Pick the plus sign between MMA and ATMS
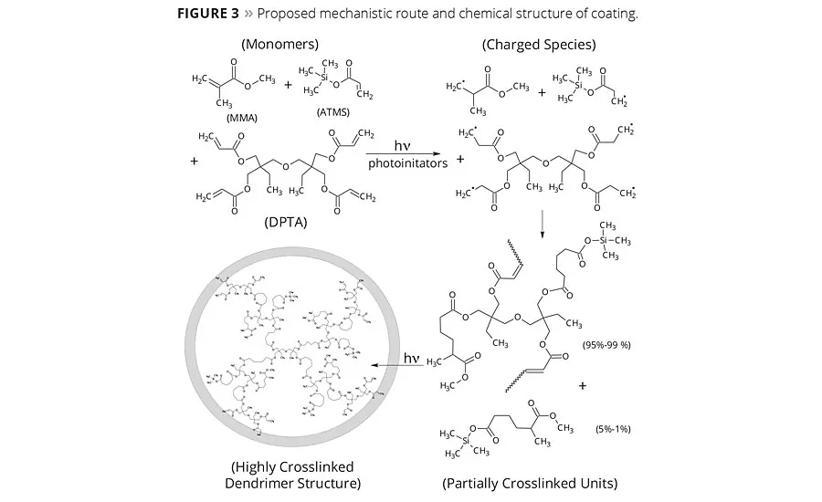289,85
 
